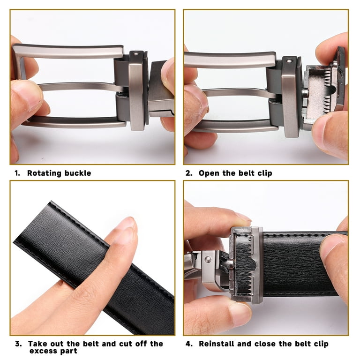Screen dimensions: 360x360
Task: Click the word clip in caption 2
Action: point(262,173)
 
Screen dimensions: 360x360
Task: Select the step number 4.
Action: point(188,344)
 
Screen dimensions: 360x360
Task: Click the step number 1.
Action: point(17,173)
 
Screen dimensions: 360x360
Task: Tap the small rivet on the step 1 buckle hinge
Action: point(135,55)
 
